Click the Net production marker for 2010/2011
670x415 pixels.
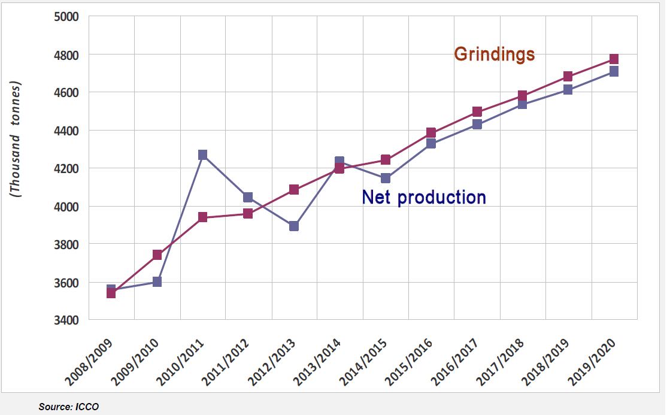click(202, 155)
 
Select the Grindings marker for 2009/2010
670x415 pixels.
click(157, 255)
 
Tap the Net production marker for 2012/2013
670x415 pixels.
click(294, 226)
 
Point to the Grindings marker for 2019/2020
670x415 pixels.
click(614, 59)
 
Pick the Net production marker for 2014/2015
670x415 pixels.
click(386, 178)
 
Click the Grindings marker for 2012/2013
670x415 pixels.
click(294, 190)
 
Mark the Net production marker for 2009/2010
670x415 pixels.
click(157, 282)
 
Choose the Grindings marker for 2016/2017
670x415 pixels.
click(477, 112)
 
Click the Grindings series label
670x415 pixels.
click(494, 54)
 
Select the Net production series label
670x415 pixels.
click(424, 197)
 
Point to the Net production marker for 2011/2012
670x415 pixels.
click(248, 198)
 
